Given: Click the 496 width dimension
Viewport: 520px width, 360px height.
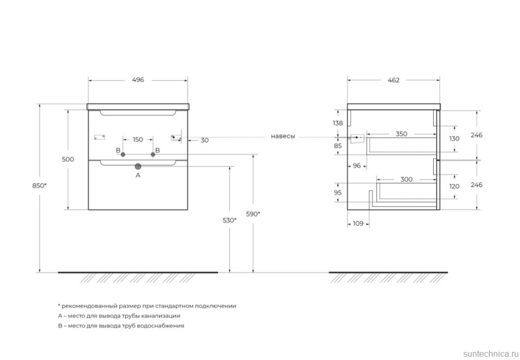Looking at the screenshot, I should coord(138,80).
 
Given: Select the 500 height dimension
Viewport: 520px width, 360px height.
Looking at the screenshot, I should coord(68,159).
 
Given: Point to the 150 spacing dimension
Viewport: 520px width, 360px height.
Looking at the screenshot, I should coord(138,140).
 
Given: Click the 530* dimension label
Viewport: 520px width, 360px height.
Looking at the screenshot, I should coord(229,220).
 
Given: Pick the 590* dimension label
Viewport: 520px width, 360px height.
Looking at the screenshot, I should coord(253,214).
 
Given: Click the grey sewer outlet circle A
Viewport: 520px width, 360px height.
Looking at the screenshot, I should coord(138,166).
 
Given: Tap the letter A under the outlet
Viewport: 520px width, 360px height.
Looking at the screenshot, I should coord(138,175).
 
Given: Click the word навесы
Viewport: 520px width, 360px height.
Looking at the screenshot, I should coord(283,137).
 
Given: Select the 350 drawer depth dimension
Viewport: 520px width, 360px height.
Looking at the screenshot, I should coord(401,134).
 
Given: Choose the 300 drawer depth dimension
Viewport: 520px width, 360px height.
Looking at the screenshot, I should coord(406,180).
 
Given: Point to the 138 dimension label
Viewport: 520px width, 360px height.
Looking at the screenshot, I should coord(338,123).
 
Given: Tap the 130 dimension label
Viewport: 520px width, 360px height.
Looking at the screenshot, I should coord(455,138).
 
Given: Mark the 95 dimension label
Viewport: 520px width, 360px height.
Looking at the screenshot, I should coord(338,192).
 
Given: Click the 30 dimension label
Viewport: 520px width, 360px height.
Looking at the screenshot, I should coord(204,140).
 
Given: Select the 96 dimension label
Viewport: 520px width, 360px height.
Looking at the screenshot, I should coord(357,166).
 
